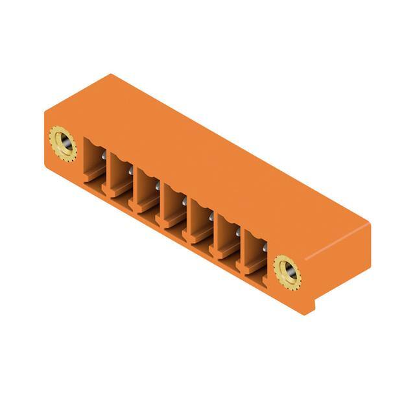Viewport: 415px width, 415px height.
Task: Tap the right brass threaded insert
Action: pos(287,271)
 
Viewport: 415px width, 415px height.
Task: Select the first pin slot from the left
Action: pos(94,165)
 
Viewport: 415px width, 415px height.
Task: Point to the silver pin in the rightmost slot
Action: pos(265,248)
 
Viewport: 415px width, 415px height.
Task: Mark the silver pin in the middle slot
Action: pos(184,202)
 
